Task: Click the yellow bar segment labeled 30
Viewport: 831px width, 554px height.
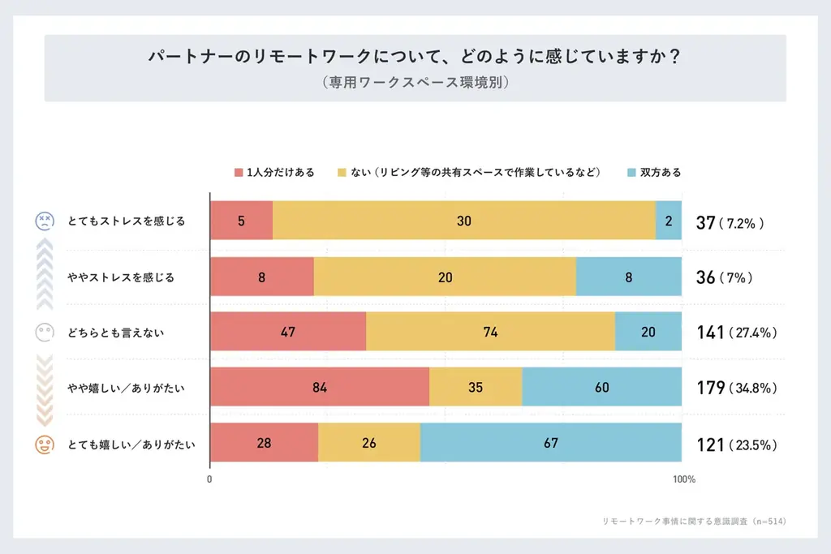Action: [464, 221]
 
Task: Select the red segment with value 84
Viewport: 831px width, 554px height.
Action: [319, 387]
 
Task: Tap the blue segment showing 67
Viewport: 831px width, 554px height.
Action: [551, 443]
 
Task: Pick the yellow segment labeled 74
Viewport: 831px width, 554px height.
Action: [490, 332]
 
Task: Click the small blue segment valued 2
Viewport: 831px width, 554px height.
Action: [669, 221]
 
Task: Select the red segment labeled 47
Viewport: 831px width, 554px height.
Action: [288, 332]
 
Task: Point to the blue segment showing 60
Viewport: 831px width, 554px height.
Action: [601, 387]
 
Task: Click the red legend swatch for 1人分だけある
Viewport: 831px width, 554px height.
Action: [239, 173]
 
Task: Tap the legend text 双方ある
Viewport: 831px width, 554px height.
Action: [661, 173]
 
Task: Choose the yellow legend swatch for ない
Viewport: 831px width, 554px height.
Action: [342, 173]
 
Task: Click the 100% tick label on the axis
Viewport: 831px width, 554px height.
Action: [684, 479]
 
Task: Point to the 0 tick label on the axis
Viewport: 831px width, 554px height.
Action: [210, 479]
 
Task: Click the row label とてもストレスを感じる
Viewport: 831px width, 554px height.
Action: [127, 221]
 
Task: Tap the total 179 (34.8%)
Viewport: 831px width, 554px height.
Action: [737, 388]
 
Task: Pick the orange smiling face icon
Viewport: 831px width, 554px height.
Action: [44, 444]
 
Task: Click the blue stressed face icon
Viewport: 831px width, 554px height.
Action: [44, 221]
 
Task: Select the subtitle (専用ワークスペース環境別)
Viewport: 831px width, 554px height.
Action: [415, 82]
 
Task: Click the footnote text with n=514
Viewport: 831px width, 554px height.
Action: [694, 521]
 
